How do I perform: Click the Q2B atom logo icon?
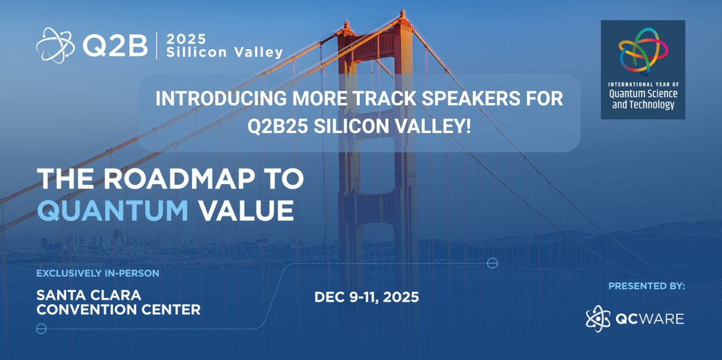[56, 45]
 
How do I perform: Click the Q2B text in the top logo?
[114, 46]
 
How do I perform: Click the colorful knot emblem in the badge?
[643, 51]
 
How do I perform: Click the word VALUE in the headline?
[246, 210]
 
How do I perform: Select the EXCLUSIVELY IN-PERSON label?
[97, 273]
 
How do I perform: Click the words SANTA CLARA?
[88, 296]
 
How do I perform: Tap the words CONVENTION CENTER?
[119, 311]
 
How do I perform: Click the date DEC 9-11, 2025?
[366, 297]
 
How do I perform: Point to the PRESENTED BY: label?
[646, 286]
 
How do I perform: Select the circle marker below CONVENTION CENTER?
[42, 329]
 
